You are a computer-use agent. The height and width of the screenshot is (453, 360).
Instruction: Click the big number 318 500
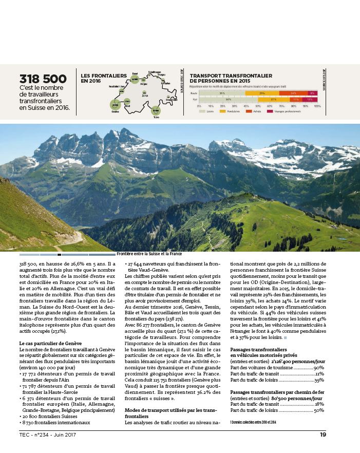pyautogui.click(x=43, y=79)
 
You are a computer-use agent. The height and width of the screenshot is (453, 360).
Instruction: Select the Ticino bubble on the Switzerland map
pyautogui.click(x=156, y=110)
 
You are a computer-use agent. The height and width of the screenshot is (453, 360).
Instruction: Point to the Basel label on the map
pyautogui.click(x=135, y=73)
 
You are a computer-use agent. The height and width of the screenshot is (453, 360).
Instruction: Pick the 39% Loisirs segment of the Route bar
pyautogui.click(x=222, y=93)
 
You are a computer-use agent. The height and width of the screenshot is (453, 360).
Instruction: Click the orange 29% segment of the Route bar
pyautogui.click(x=262, y=93)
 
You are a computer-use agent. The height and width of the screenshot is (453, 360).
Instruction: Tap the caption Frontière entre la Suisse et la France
pyautogui.click(x=149, y=254)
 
